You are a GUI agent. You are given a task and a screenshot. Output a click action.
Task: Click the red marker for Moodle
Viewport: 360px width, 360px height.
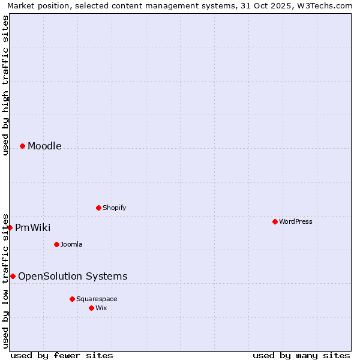pyautogui.click(x=22, y=146)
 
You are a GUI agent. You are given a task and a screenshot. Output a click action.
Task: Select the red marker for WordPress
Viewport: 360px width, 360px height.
pyautogui.click(x=275, y=221)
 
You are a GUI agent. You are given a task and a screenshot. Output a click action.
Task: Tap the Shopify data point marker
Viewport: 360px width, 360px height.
pyautogui.click(x=98, y=208)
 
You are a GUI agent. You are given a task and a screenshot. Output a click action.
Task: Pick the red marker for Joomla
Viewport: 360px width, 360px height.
pyautogui.click(x=56, y=244)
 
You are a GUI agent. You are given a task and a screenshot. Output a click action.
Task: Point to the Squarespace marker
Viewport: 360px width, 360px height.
pyautogui.click(x=72, y=299)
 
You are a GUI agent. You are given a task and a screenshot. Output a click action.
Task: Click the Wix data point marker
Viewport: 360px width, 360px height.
pyautogui.click(x=91, y=308)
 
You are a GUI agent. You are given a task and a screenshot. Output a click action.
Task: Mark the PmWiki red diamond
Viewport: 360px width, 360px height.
pyautogui.click(x=10, y=227)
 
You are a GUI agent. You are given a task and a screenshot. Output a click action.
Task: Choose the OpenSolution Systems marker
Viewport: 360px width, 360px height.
pyautogui.click(x=13, y=276)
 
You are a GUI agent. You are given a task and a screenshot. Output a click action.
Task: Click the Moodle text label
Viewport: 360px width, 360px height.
pyautogui.click(x=44, y=146)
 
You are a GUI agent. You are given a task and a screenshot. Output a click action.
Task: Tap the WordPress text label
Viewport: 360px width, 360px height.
pyautogui.click(x=296, y=221)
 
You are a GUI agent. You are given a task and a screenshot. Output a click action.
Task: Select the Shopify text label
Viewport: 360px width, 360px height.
pyautogui.click(x=114, y=208)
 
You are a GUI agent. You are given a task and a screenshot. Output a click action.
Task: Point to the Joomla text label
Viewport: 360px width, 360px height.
pyautogui.click(x=71, y=244)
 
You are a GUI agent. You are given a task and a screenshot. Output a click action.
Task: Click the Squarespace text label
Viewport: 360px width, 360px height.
pyautogui.click(x=97, y=299)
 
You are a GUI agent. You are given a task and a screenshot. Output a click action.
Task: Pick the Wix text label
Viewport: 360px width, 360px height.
pyautogui.click(x=101, y=308)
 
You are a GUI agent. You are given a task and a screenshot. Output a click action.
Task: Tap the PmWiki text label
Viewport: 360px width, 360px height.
pyautogui.click(x=32, y=227)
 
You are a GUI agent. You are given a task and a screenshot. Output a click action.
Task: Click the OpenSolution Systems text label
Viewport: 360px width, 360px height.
pyautogui.click(x=73, y=276)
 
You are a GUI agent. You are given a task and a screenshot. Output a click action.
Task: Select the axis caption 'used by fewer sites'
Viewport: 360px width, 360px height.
pyautogui.click(x=62, y=355)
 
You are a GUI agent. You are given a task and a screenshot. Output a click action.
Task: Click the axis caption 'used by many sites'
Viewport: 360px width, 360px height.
pyautogui.click(x=301, y=355)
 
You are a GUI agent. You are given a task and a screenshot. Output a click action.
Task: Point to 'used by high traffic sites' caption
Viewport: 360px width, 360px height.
pyautogui.click(x=5, y=85)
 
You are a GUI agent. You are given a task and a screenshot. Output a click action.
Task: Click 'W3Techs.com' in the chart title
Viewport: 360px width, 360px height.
pyautogui.click(x=327, y=5)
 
